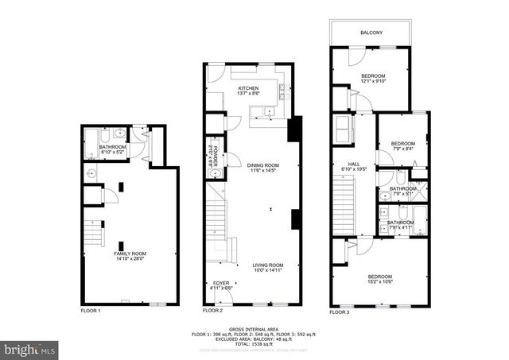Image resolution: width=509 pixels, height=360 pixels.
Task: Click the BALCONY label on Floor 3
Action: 371,33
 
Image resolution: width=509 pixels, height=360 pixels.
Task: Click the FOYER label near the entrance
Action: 219,283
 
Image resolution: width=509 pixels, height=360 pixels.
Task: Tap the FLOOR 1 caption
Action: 91,311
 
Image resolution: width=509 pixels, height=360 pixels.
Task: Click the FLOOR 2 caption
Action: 212,311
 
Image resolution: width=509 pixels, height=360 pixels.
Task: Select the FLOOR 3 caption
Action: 339,311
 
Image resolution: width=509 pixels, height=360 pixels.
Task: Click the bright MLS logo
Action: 29,348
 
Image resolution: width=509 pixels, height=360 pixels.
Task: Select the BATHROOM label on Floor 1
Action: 112,147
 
